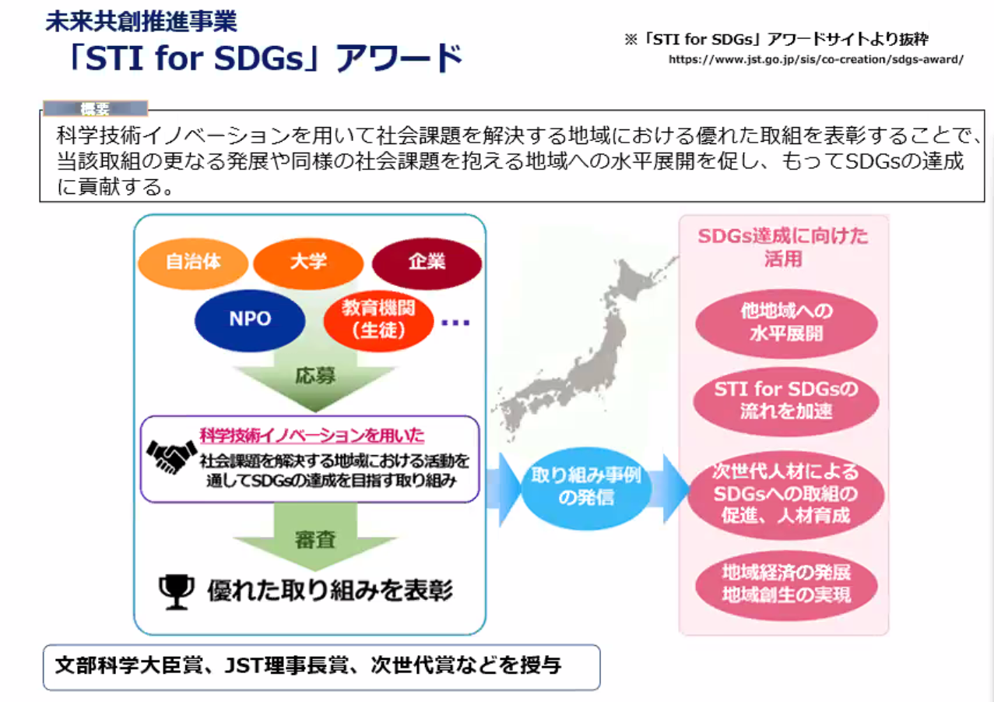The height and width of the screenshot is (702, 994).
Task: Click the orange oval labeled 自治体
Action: (x=193, y=263)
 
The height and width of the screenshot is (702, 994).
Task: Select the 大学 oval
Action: (x=308, y=263)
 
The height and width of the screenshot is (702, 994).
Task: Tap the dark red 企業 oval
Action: (x=427, y=263)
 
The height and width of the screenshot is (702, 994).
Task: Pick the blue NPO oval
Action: (x=250, y=320)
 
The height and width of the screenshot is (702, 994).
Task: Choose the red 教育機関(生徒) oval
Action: (x=378, y=321)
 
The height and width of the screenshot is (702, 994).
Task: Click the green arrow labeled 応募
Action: (x=315, y=378)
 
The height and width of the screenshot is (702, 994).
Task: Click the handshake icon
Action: (x=172, y=457)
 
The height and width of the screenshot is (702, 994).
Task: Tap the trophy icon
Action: (x=176, y=592)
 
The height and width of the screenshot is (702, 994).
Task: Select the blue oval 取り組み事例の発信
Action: (x=586, y=488)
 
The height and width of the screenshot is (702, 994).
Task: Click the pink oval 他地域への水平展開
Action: (x=786, y=323)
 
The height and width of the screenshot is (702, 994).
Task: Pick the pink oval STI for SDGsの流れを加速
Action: (x=786, y=400)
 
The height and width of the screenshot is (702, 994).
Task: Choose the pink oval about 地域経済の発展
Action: (x=786, y=584)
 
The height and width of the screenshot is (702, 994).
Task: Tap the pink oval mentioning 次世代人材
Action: (x=786, y=494)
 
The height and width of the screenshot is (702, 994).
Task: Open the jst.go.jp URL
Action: (x=816, y=59)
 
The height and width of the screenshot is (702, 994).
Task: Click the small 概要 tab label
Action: (x=95, y=108)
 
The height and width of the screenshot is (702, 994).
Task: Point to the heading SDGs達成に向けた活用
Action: (x=783, y=247)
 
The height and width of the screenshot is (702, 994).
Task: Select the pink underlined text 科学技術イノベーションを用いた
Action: (x=312, y=435)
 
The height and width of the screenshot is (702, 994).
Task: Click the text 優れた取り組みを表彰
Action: (x=330, y=591)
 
